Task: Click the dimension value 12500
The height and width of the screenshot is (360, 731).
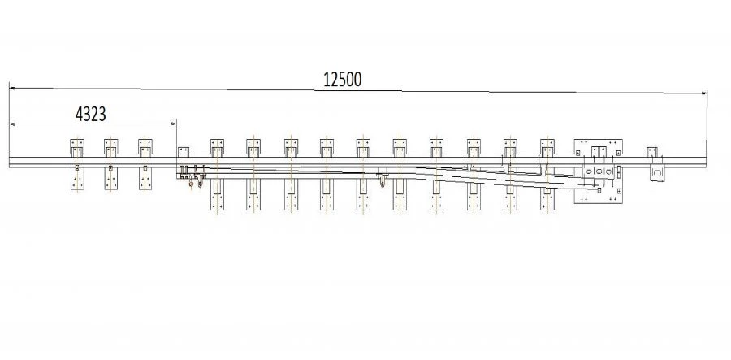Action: pos(343,80)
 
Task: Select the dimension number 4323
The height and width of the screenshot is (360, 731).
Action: pos(90,115)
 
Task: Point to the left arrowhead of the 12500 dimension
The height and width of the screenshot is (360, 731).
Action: pos(12,88)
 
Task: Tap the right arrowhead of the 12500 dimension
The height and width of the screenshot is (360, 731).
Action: pos(704,93)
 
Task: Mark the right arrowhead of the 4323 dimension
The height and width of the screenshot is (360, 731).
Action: pos(174,124)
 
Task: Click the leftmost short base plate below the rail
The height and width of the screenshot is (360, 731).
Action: pos(77,179)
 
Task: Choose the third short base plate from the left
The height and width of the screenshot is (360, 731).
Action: pos(145,179)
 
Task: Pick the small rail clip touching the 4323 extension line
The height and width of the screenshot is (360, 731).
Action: pos(184,151)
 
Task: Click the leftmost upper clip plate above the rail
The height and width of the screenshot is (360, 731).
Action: pos(77,148)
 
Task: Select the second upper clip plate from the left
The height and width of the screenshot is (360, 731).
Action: pos(111,148)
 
